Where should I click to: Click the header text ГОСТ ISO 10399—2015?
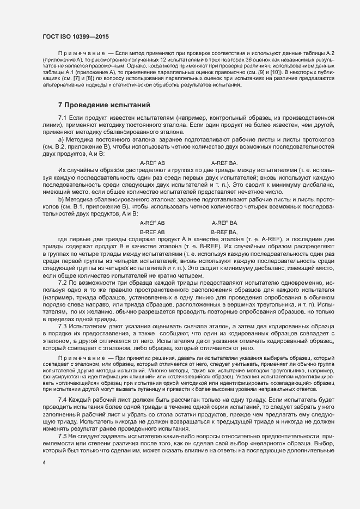[x=76, y=36]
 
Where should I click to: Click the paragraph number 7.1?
[x=62, y=118]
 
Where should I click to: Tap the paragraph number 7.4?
[x=62, y=400]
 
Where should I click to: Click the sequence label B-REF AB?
[x=152, y=232]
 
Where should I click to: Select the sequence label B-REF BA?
[x=224, y=232]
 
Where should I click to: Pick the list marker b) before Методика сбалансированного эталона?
[x=61, y=200]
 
